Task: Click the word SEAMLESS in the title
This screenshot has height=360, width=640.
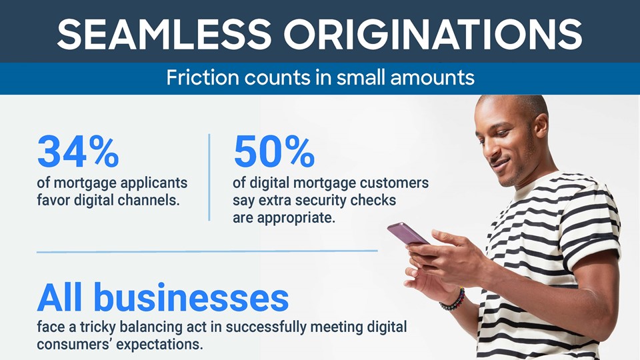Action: tap(164, 34)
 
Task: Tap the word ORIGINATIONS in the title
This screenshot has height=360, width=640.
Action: tap(433, 34)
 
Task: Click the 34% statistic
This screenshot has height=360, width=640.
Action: tap(78, 152)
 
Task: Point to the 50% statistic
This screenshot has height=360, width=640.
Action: tap(274, 152)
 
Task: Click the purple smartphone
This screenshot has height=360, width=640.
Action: tap(408, 233)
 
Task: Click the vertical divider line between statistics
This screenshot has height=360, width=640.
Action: tap(209, 177)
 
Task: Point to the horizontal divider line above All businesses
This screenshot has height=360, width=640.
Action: tap(207, 251)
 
